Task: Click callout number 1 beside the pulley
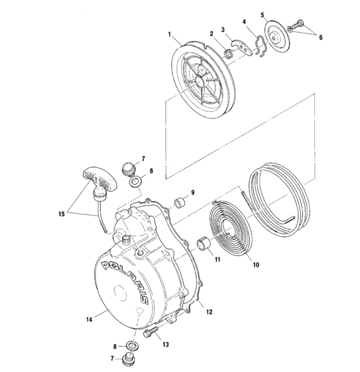coord(169,33)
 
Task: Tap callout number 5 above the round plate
coord(262,14)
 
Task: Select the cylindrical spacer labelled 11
coord(204,245)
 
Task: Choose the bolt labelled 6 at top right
coord(296,26)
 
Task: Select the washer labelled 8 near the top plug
coord(136,183)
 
